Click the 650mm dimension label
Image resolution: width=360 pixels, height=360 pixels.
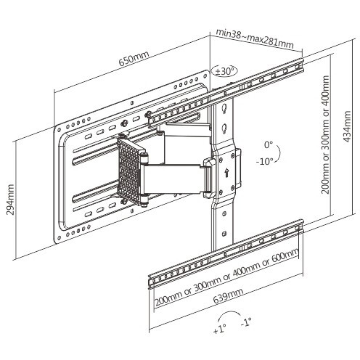(134, 59)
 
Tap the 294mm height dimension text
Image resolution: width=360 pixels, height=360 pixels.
(10, 200)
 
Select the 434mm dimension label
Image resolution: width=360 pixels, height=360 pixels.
(347, 126)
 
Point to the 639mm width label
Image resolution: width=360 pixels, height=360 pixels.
(228, 295)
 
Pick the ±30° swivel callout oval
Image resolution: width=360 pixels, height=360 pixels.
(224, 71)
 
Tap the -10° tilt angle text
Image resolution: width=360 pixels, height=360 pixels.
(265, 161)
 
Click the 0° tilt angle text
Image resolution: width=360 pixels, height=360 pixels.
(269, 145)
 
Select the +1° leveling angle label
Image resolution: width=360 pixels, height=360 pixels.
(220, 330)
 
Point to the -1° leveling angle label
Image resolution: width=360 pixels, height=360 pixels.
(246, 322)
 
